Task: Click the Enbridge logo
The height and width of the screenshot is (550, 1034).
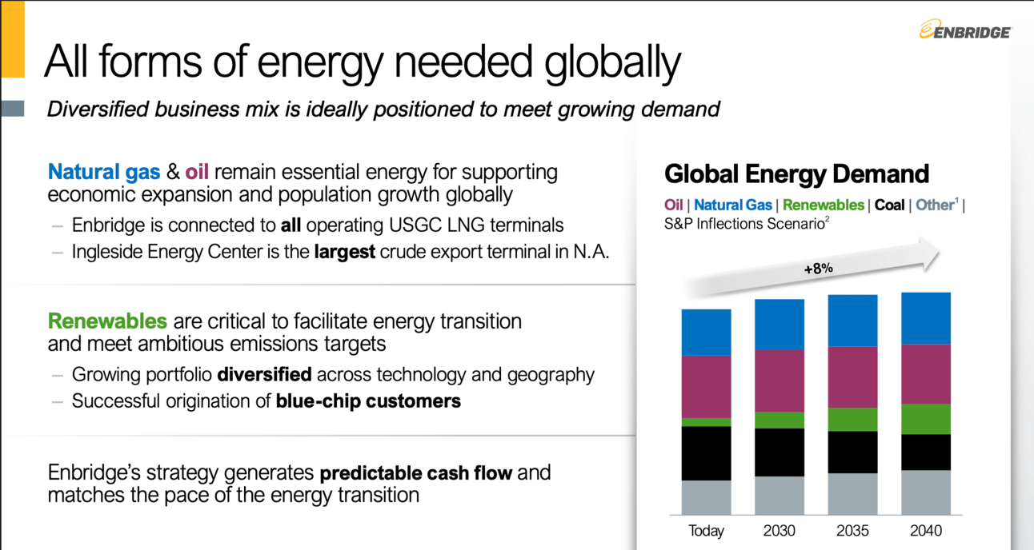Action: [965, 30]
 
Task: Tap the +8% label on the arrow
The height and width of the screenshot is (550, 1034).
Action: [819, 269]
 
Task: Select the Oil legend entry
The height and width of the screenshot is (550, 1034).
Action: [674, 205]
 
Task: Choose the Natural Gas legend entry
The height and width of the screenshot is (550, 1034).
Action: [733, 205]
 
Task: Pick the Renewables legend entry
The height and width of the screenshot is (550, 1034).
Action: [824, 205]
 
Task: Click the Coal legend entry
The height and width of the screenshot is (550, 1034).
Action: [889, 205]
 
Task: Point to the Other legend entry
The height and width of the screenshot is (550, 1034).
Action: [936, 204]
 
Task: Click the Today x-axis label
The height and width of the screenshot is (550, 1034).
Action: [706, 531]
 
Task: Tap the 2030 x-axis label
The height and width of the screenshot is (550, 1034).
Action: [780, 531]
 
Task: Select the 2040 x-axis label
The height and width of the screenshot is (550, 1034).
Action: [926, 531]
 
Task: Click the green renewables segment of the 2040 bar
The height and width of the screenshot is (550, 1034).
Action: [926, 419]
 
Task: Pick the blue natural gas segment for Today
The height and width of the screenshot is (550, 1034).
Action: [706, 333]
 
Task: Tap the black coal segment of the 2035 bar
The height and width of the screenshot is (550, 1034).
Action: [852, 452]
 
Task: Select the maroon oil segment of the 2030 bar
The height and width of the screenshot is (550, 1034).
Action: [780, 381]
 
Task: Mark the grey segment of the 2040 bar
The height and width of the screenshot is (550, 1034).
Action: [926, 492]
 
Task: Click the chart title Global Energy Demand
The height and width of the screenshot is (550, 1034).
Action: [796, 173]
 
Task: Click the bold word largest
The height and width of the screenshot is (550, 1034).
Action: [344, 252]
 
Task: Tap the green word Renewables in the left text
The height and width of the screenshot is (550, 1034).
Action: [107, 321]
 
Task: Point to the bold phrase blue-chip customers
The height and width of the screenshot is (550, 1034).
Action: [368, 401]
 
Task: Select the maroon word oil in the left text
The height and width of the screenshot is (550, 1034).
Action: [197, 172]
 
